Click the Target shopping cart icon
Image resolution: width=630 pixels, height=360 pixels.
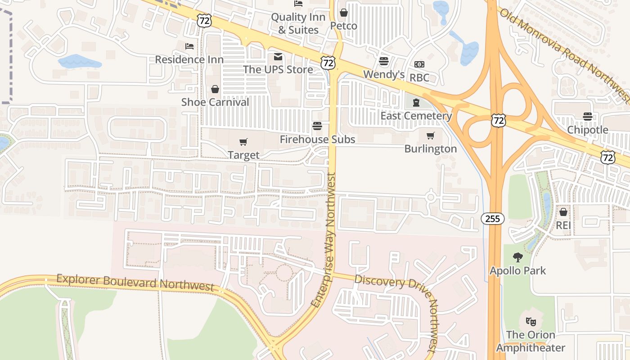(x=243, y=142)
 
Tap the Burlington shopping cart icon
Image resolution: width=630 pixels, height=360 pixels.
(x=431, y=135)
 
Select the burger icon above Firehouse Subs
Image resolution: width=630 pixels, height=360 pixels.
(x=317, y=126)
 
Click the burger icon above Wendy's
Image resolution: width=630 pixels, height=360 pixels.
(x=384, y=61)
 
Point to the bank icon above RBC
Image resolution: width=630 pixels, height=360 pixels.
(x=419, y=64)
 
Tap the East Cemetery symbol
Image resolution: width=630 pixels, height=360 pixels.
(x=416, y=103)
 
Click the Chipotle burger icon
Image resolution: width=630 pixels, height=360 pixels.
(x=587, y=117)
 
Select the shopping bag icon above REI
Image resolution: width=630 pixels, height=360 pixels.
(x=563, y=211)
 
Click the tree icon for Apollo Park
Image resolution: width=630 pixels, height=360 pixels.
(x=518, y=257)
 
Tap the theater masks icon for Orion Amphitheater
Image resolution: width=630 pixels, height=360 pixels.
(x=531, y=322)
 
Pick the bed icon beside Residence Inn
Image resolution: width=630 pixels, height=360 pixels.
(x=189, y=46)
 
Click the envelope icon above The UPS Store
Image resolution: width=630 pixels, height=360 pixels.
(x=278, y=56)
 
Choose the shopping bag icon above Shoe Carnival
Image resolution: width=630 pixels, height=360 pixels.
(x=215, y=89)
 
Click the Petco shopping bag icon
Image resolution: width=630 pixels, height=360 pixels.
(x=344, y=13)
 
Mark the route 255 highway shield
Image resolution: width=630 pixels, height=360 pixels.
(x=493, y=219)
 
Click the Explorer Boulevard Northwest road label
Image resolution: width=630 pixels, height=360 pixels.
(x=135, y=282)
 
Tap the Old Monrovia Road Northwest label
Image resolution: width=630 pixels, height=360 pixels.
(x=565, y=52)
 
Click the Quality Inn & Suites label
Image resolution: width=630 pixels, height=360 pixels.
(x=298, y=23)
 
